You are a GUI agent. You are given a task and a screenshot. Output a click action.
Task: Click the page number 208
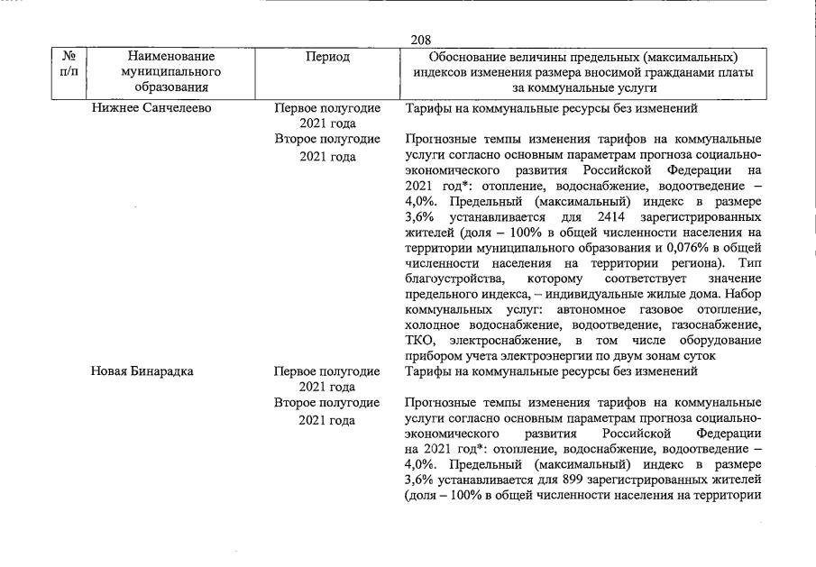coord(420,40)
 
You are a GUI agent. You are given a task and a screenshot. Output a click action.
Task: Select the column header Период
coord(328,57)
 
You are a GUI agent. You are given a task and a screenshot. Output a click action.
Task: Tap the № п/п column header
coord(68,64)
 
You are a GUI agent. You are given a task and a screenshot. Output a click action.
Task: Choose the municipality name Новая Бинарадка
coord(142,370)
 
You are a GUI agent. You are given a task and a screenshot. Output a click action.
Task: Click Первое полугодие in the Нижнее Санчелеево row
coord(327,108)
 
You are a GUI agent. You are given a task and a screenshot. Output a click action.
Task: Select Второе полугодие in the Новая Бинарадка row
coord(327,402)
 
